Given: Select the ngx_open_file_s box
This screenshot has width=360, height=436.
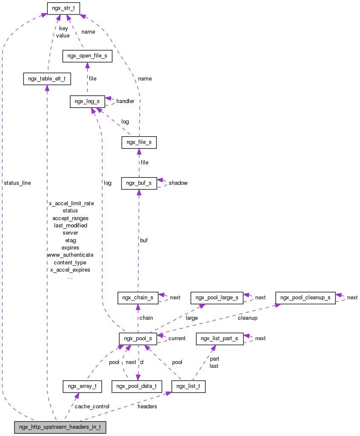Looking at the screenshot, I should click(x=87, y=56).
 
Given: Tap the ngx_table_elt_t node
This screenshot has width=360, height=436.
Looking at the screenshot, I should click(x=46, y=79).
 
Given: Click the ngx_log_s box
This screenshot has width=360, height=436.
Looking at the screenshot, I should click(x=87, y=101).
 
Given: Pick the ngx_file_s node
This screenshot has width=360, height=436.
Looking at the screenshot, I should click(x=139, y=143).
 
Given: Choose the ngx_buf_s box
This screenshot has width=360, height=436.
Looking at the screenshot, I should click(x=138, y=183).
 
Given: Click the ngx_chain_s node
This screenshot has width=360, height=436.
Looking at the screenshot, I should click(x=138, y=298).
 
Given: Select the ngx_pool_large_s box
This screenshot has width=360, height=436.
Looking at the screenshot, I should click(x=217, y=298).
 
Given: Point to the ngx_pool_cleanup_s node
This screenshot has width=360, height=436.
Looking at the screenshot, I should click(x=305, y=298).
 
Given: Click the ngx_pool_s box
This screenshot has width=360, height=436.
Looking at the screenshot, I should click(x=138, y=339).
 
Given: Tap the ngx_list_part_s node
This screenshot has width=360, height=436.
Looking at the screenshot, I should click(x=219, y=339).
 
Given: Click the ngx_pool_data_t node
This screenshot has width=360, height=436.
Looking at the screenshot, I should click(x=137, y=387).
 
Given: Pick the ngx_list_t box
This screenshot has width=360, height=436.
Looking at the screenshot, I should click(x=188, y=387).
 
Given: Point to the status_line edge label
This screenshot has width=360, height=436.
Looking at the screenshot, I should click(x=17, y=183).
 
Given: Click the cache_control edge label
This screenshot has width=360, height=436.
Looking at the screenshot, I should click(x=92, y=407).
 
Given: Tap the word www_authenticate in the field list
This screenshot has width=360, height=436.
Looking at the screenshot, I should click(x=70, y=255).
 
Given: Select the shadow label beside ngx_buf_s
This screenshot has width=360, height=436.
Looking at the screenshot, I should click(x=178, y=183).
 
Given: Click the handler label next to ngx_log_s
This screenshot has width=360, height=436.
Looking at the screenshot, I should click(x=125, y=101).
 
